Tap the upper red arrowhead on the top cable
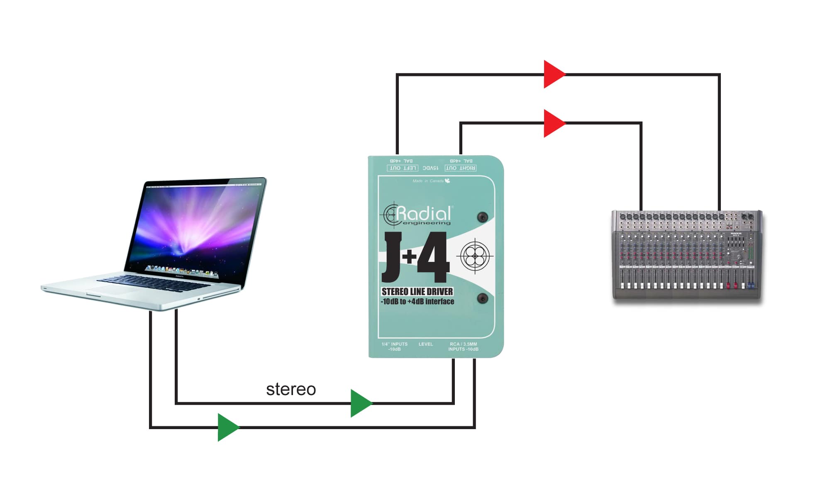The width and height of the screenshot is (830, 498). click(553, 74)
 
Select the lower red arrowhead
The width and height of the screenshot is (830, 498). click(553, 123)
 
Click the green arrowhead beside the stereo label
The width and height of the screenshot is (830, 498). click(360, 403)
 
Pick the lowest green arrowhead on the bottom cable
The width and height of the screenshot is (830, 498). click(227, 427)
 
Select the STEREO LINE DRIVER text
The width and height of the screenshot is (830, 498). click(417, 292)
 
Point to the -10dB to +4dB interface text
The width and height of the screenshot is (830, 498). click(417, 302)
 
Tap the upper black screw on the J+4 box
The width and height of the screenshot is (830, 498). click(483, 217)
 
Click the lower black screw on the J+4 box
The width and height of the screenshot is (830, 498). click(483, 298)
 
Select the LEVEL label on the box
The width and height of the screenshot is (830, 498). click(426, 344)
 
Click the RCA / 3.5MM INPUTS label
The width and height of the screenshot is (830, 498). click(463, 347)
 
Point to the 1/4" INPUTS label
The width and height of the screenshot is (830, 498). click(394, 347)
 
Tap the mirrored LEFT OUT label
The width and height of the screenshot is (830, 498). click(402, 168)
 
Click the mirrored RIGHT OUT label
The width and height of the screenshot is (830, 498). click(460, 168)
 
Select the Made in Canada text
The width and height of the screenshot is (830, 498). click(428, 181)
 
